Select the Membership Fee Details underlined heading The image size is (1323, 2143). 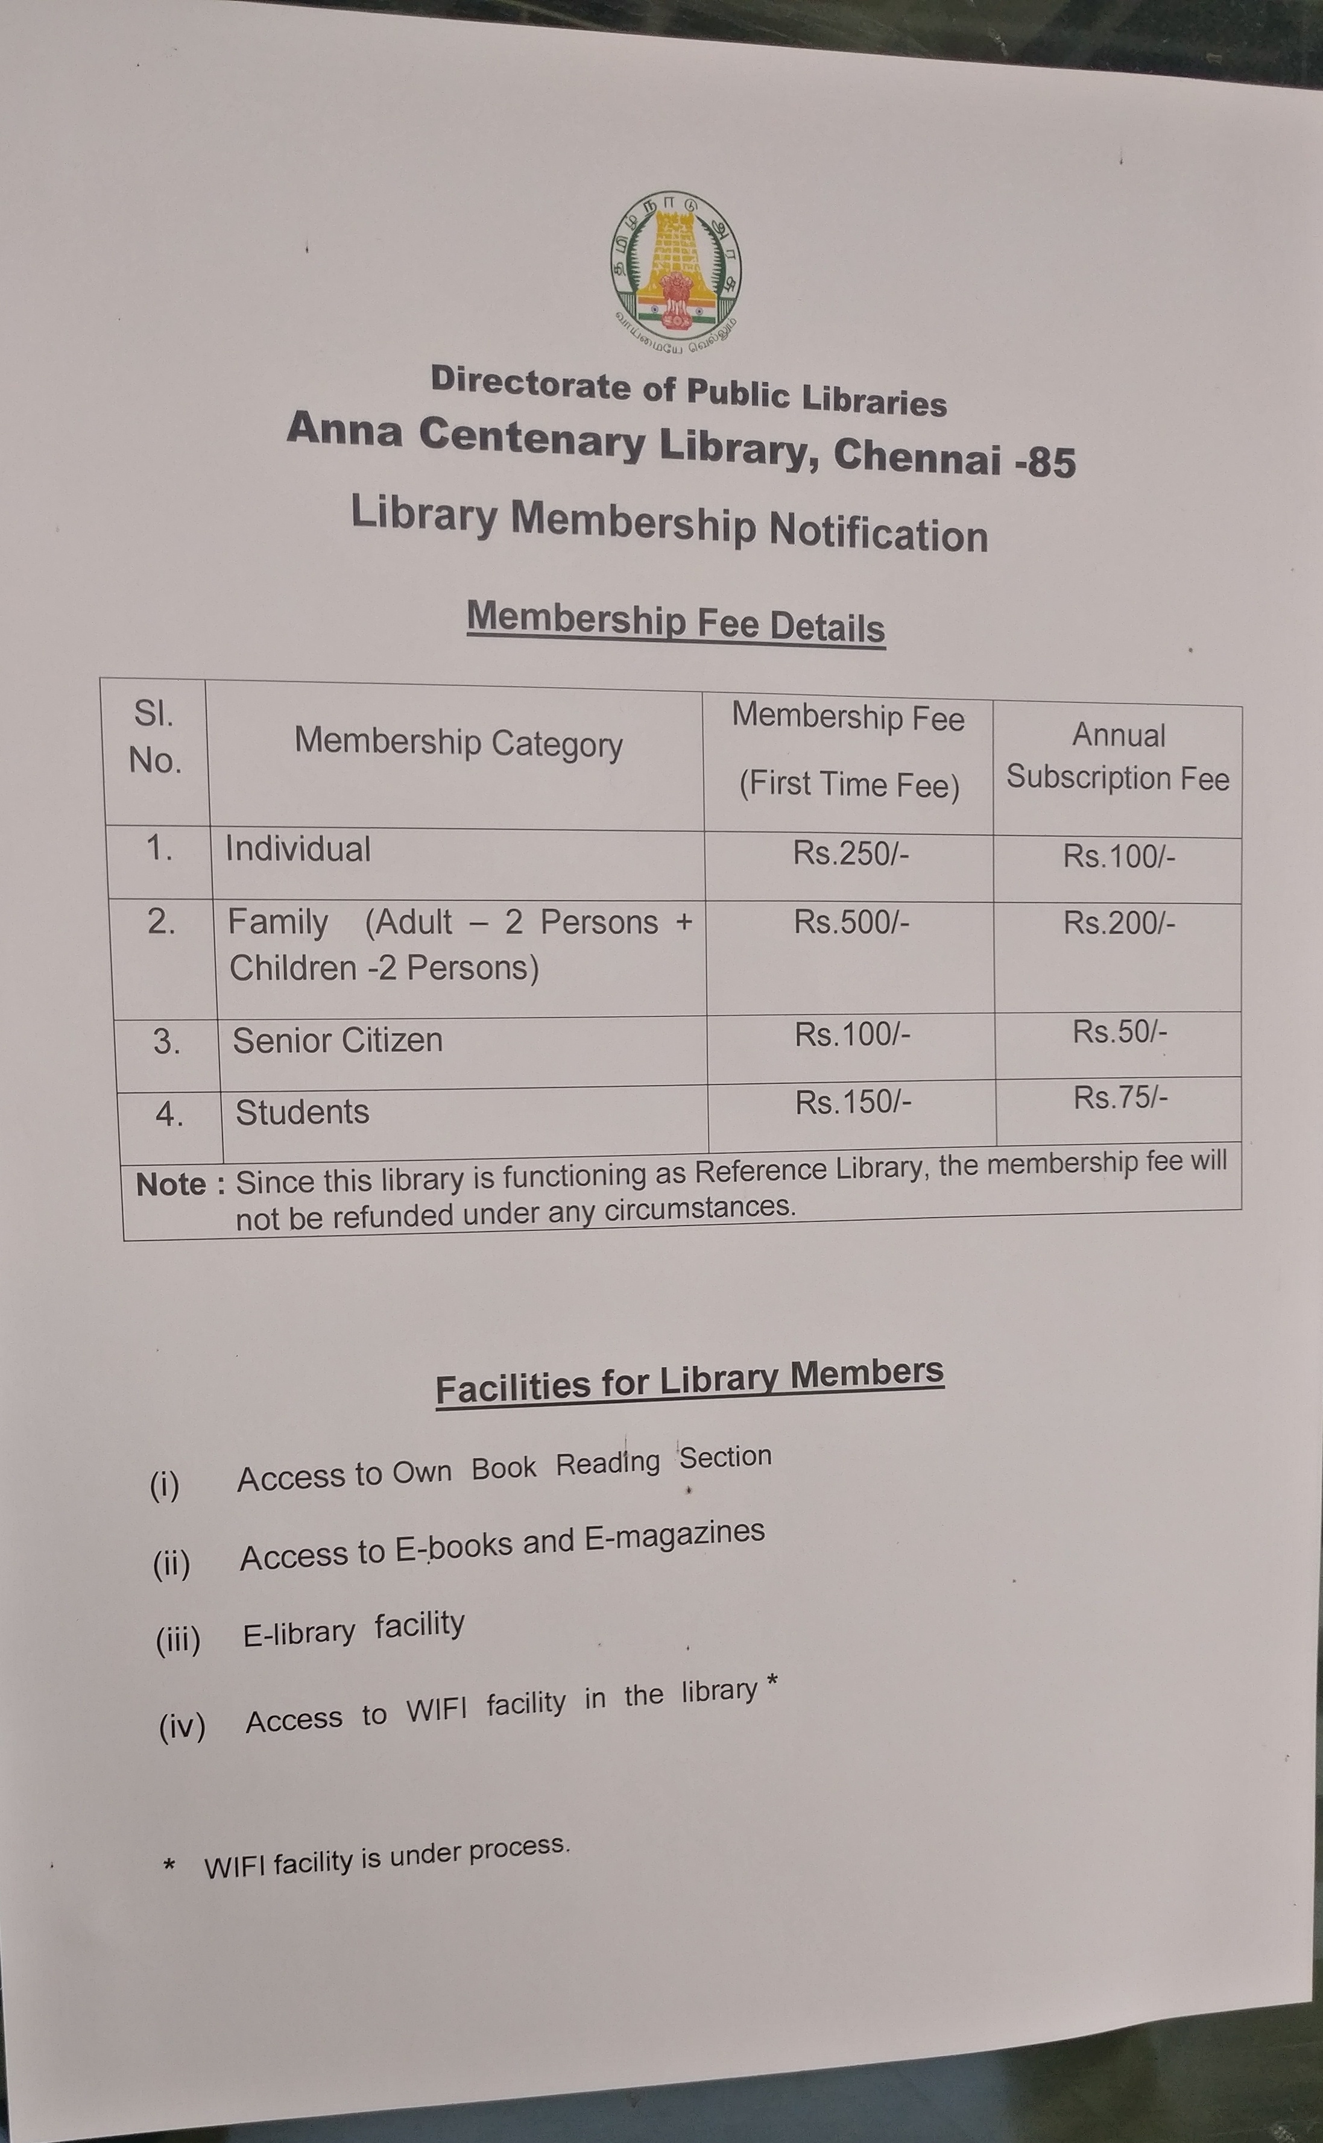[675, 622]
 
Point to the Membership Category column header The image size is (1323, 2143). [458, 743]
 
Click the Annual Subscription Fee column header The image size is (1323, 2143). [1117, 757]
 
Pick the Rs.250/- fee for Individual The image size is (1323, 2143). [850, 853]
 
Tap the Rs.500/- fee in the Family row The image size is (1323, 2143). [851, 922]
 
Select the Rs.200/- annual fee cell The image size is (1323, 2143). [1118, 923]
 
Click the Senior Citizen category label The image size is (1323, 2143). [337, 1040]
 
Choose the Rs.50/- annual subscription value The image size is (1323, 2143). [1119, 1032]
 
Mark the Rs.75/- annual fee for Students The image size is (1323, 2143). [1120, 1098]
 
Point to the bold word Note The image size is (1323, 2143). [171, 1185]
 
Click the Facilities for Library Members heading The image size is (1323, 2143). [689, 1379]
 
